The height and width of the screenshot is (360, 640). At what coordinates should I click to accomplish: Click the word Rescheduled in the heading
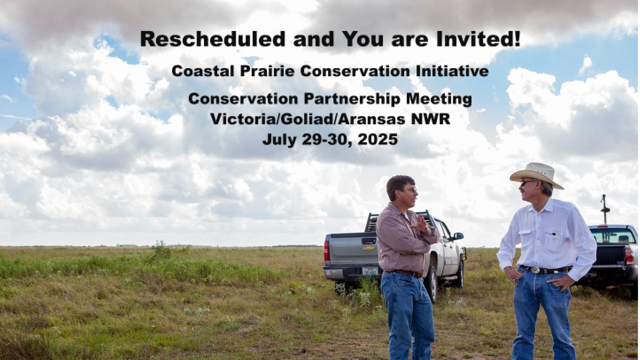pyautogui.click(x=213, y=39)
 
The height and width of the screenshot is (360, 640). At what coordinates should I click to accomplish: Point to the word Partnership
pyautogui.click(x=351, y=99)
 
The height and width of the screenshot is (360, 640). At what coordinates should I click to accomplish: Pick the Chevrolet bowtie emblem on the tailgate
pyautogui.click(x=369, y=249)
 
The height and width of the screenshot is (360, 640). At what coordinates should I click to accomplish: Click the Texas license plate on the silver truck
pyautogui.click(x=370, y=272)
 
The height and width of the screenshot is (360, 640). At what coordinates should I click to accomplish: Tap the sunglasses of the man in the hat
pyautogui.click(x=527, y=183)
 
